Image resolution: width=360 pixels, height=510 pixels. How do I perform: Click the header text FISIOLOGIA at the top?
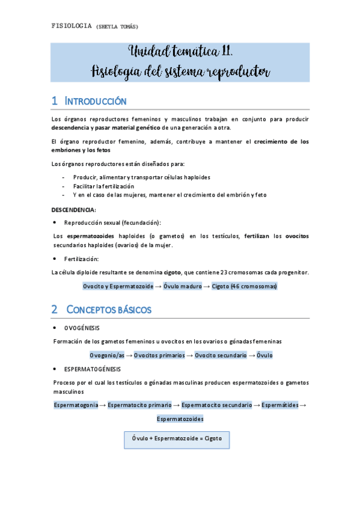(72, 26)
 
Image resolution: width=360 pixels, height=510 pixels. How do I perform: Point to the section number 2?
(54, 310)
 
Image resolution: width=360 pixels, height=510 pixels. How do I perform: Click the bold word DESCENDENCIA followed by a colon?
(73, 210)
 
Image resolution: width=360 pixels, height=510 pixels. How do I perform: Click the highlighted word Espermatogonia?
(76, 405)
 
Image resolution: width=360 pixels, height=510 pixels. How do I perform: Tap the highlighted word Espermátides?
(280, 405)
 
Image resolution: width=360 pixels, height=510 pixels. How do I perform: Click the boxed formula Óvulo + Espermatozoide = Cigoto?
(177, 438)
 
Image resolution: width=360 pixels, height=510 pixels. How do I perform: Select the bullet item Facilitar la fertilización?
(103, 186)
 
